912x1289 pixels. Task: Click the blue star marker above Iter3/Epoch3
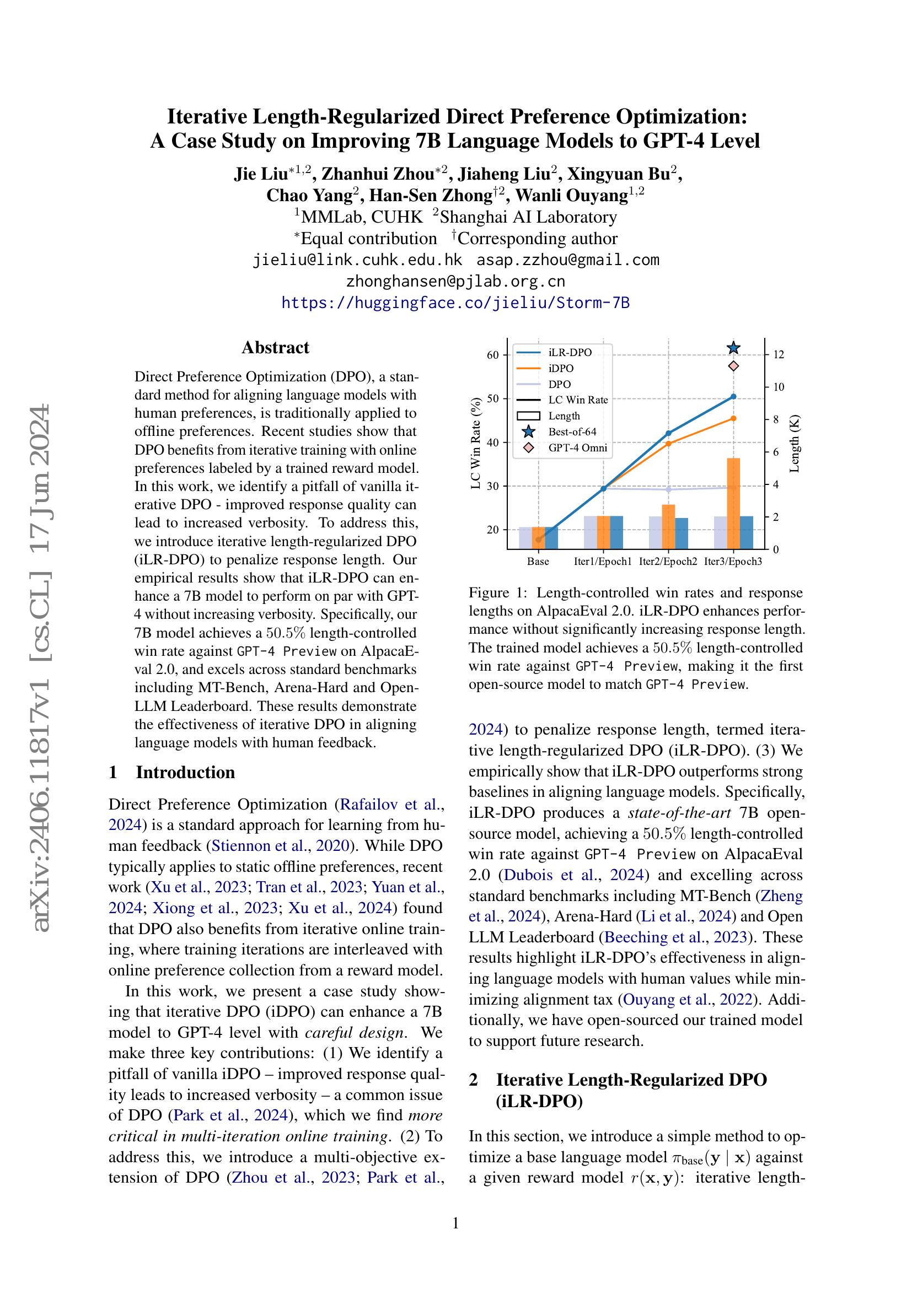tap(733, 349)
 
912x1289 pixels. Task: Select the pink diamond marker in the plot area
tap(733, 366)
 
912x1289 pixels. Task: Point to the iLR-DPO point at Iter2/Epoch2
tap(668, 433)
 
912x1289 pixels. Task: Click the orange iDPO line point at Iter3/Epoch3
tap(733, 418)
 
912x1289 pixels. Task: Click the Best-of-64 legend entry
tap(572, 432)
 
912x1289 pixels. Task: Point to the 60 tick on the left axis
tap(492, 355)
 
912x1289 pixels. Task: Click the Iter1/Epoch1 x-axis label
tap(603, 562)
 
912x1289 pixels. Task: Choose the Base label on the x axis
tap(538, 562)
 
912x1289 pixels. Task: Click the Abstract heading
tap(275, 348)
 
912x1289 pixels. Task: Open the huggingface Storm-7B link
tap(455, 303)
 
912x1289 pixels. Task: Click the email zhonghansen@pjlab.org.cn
tap(455, 281)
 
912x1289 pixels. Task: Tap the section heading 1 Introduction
tap(171, 773)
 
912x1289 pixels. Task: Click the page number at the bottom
tap(455, 1223)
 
